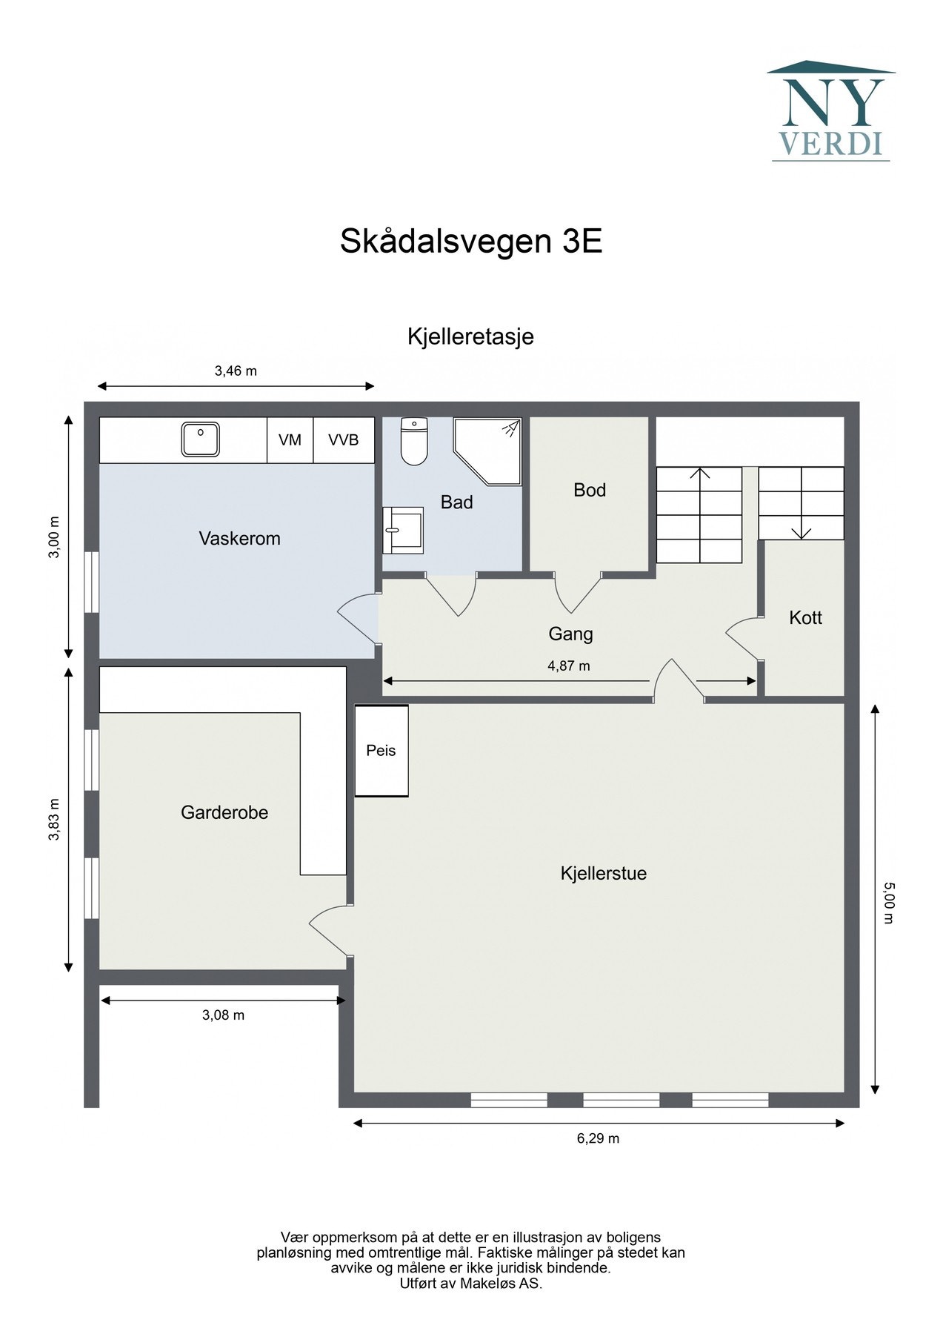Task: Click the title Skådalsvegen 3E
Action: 470,242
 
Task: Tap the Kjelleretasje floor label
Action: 470,336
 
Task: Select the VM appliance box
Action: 290,440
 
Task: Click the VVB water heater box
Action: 344,440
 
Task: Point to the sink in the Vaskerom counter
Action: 201,439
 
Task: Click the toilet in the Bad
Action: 414,442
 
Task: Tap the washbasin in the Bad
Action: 401,530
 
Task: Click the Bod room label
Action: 590,490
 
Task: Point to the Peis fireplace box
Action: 381,751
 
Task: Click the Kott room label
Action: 805,618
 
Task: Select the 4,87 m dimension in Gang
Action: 569,666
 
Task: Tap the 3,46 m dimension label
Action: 236,371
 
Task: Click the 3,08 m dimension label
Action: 223,1015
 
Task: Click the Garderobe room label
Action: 224,813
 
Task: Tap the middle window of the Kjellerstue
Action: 621,1100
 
